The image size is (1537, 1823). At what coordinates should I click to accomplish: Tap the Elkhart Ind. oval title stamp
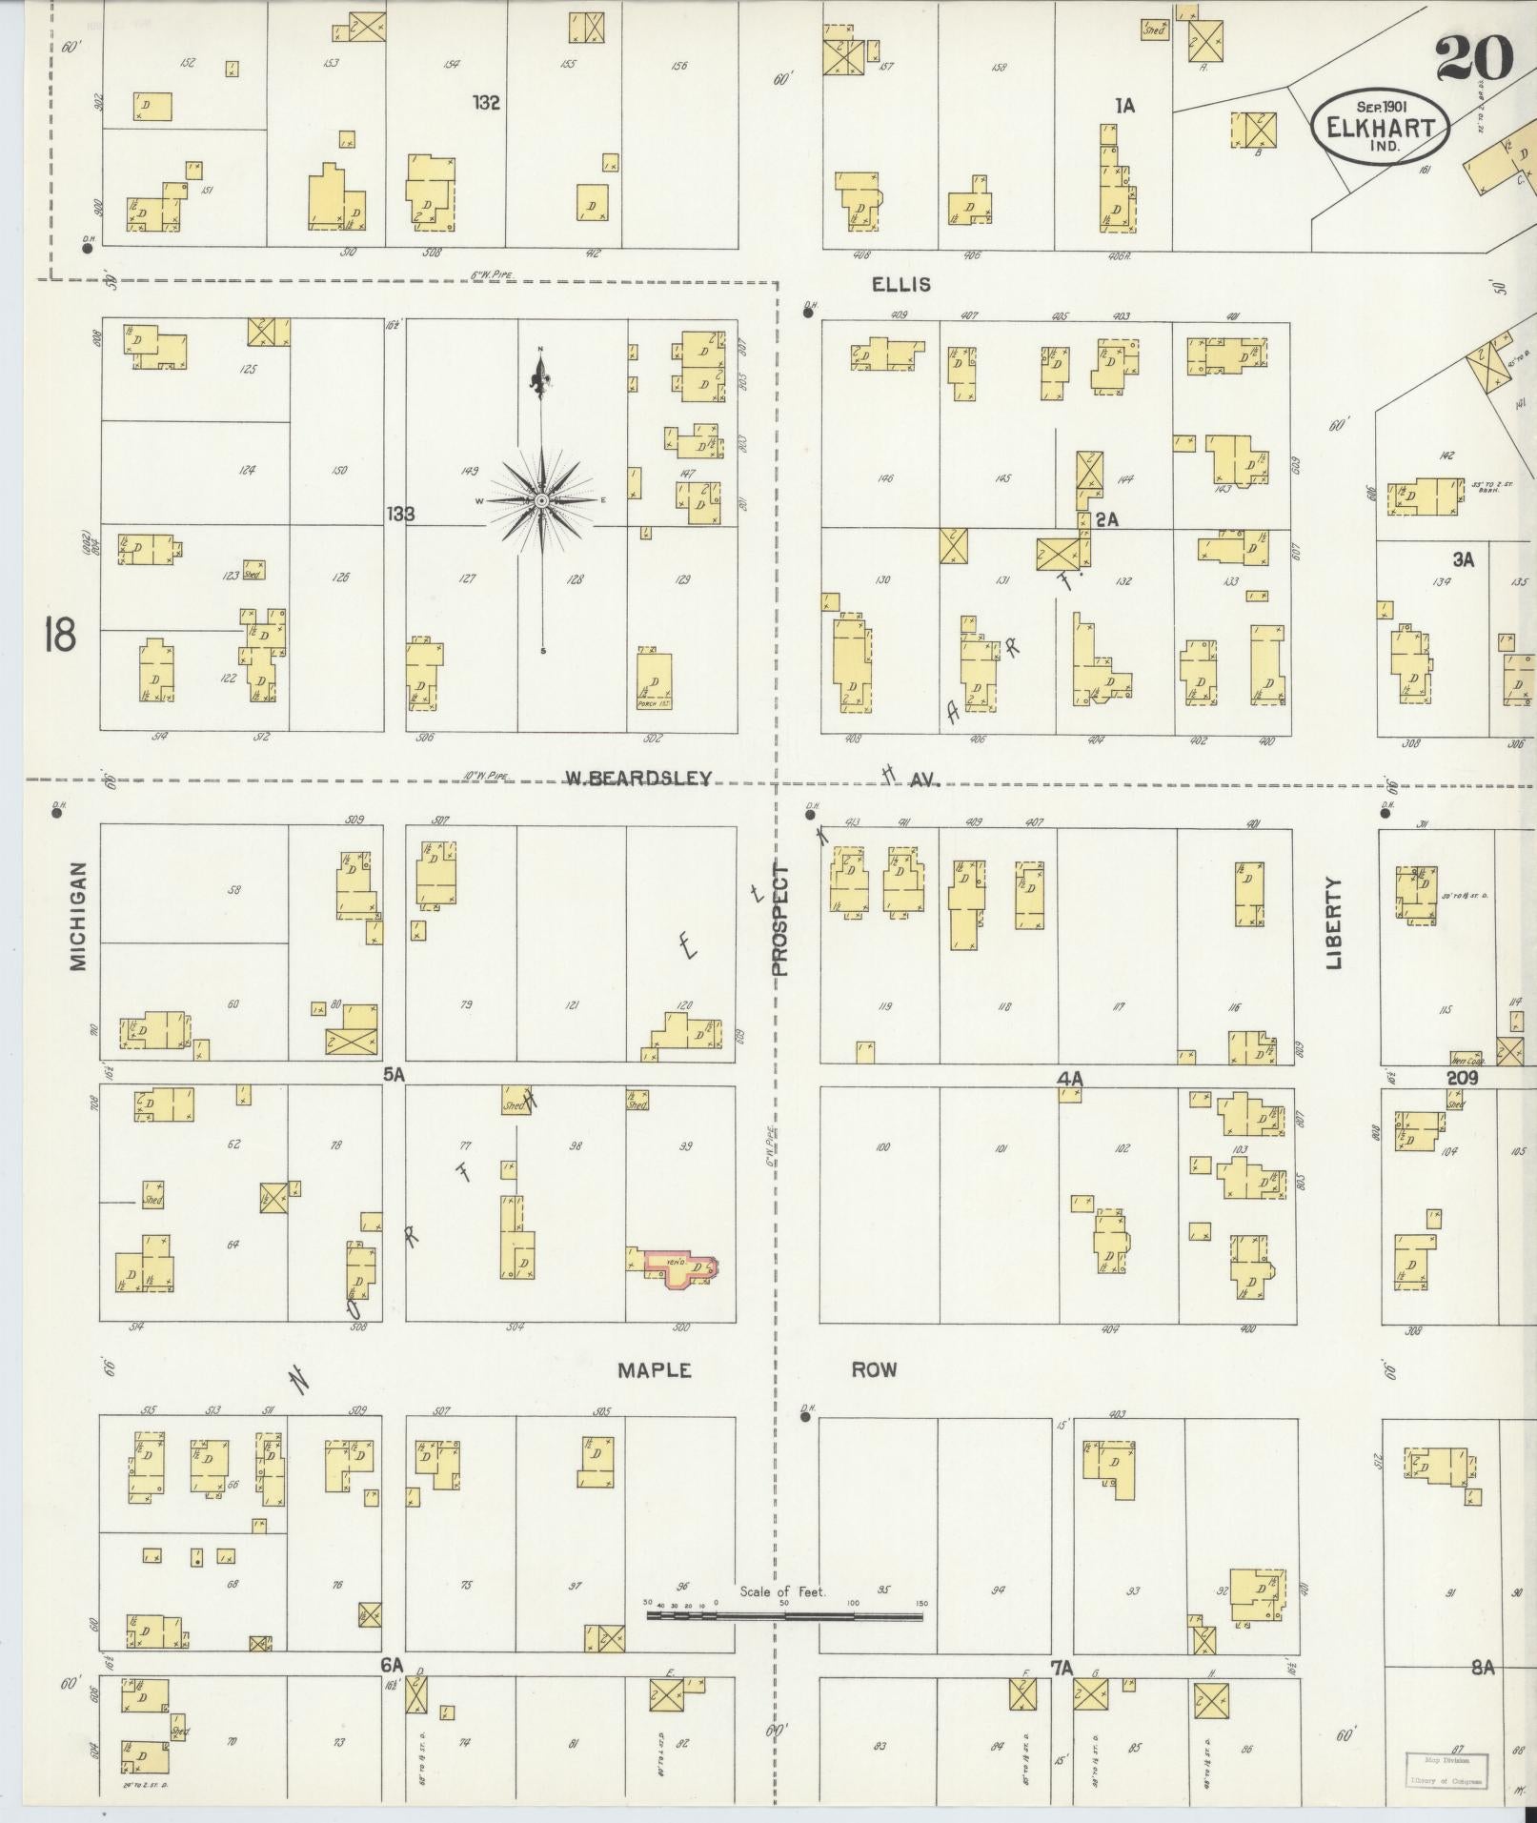pos(1381,128)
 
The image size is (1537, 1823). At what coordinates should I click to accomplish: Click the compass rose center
pos(541,500)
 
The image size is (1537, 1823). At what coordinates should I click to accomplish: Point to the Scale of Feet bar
pos(783,1615)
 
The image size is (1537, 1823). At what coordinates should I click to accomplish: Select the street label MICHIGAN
pos(78,916)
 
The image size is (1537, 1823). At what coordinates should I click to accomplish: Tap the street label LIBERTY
pos(1332,922)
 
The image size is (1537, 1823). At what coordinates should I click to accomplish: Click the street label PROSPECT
pos(780,921)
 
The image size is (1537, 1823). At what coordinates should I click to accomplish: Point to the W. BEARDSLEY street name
pos(637,778)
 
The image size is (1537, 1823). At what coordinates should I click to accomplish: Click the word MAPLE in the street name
pos(654,1369)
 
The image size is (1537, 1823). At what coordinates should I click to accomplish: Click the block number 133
pos(400,515)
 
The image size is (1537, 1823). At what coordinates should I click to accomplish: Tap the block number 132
pos(486,102)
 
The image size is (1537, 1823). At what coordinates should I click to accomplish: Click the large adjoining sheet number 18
pos(58,634)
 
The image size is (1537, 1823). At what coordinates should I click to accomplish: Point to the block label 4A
pos(1070,1079)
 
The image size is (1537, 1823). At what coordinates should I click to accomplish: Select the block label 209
pos(1461,1078)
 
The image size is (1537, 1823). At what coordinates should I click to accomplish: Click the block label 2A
pos(1105,519)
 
